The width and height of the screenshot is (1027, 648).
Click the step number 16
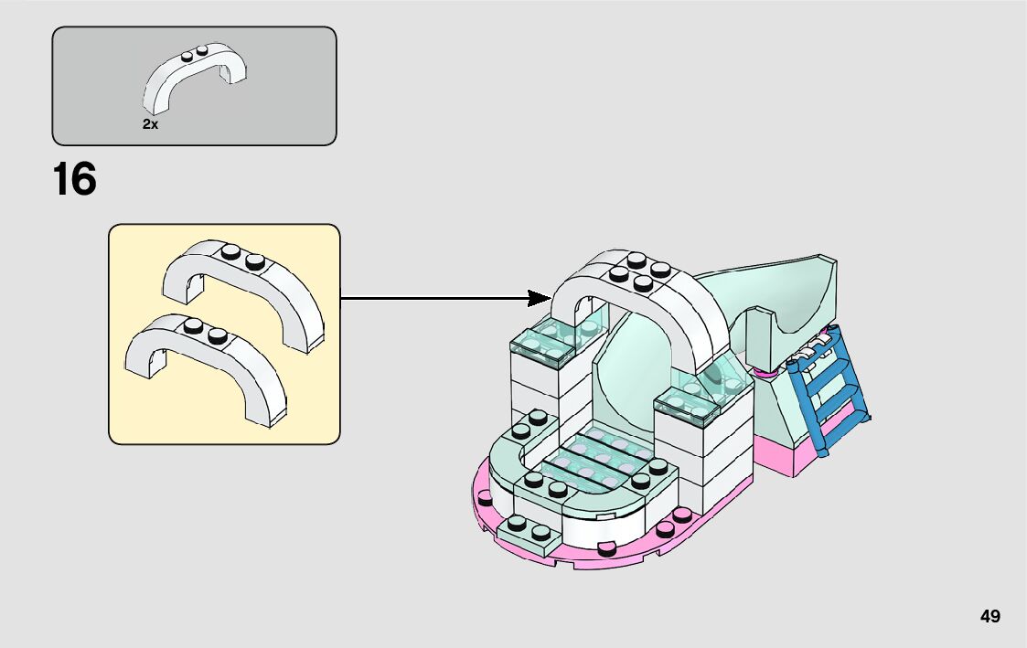click(x=74, y=179)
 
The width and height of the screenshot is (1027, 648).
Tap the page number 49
click(x=990, y=616)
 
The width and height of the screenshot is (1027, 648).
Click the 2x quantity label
click(x=150, y=124)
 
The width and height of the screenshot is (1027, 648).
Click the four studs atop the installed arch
click(x=636, y=272)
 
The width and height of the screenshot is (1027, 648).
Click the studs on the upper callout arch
click(x=242, y=257)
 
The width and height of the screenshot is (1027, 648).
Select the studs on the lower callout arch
click(x=205, y=330)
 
